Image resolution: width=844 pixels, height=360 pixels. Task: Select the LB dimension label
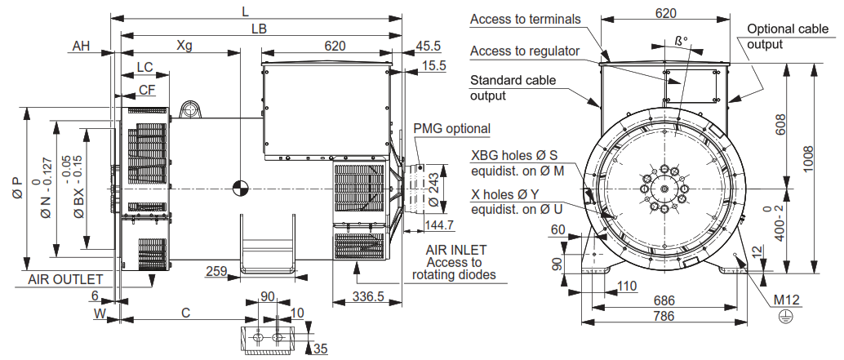pyautogui.click(x=260, y=28)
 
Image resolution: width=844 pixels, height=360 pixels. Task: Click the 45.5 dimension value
pyautogui.click(x=428, y=46)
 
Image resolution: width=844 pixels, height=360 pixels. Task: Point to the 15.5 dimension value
pyautogui.click(x=433, y=66)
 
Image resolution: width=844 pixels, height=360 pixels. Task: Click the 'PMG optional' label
pyautogui.click(x=451, y=129)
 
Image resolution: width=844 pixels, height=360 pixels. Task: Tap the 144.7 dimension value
pyautogui.click(x=439, y=224)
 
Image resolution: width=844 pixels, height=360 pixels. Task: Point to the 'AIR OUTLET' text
pyautogui.click(x=65, y=279)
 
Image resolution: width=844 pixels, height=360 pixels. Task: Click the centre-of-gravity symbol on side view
pyautogui.click(x=240, y=188)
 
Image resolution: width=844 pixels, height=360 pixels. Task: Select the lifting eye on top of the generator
pyautogui.click(x=190, y=109)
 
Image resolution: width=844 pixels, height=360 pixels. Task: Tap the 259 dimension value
pyautogui.click(x=216, y=270)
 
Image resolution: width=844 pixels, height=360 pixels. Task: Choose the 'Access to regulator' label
pyautogui.click(x=525, y=51)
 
